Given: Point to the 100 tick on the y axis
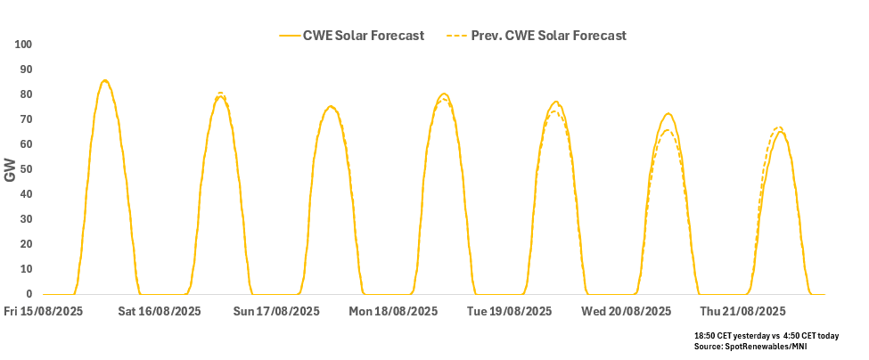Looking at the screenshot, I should tap(23, 45).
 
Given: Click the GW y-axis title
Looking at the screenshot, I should tap(10, 170).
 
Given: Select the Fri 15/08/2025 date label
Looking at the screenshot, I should tap(45, 312).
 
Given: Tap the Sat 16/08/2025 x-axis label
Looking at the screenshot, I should tap(160, 312).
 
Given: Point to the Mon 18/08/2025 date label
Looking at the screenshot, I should tap(393, 312).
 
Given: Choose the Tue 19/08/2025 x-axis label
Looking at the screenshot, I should tap(509, 312).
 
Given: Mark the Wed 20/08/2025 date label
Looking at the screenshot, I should tap(626, 312).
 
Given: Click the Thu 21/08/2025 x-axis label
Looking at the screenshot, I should tap(742, 312).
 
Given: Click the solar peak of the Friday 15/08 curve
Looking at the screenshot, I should tap(105, 80).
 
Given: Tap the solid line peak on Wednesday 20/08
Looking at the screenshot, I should tap(668, 113).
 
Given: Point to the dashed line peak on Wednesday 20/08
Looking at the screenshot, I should tap(668, 130).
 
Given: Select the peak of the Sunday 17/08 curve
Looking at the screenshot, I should tap(331, 106).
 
